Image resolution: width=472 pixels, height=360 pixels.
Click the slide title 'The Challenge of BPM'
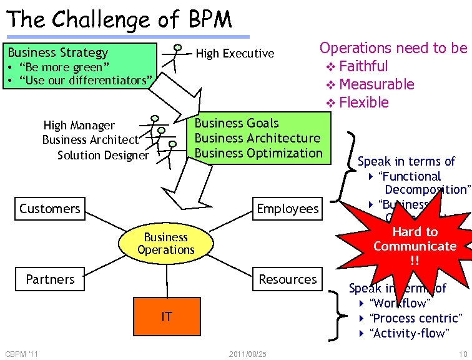click(119, 19)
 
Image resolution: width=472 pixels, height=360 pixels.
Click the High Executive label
click(235, 54)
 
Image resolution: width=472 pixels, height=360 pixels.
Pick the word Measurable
click(376, 84)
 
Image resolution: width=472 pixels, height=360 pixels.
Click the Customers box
click(50, 209)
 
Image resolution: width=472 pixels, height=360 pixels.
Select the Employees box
click(287, 209)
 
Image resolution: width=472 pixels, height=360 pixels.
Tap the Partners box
click(50, 279)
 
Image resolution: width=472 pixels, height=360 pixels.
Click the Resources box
click(287, 279)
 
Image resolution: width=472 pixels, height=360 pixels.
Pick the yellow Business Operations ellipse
click(166, 244)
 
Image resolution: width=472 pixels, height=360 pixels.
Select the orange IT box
click(166, 317)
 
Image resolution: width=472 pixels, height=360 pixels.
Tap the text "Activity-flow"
click(409, 333)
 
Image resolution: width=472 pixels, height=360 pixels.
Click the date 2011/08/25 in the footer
click(248, 354)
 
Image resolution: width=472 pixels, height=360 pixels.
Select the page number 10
click(462, 354)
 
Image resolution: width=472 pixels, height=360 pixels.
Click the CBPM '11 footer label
click(22, 354)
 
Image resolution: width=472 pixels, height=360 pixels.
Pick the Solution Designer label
click(103, 155)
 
